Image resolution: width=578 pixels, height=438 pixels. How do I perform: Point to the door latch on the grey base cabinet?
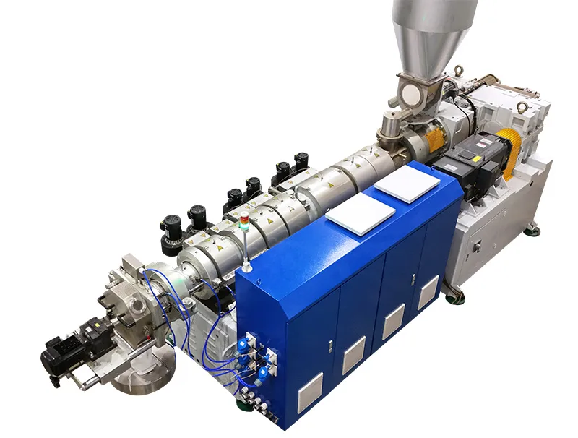click(x=477, y=246)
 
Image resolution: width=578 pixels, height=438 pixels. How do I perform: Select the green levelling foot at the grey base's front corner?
click(x=456, y=296)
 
